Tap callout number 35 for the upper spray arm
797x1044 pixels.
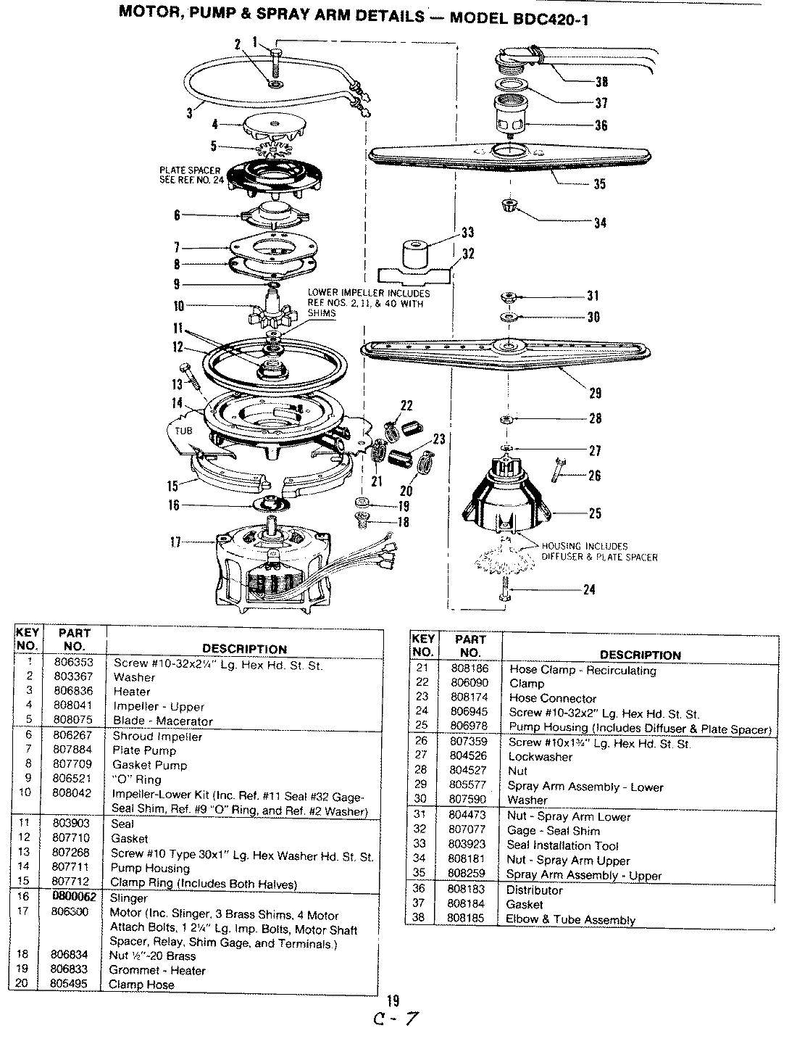[599, 184]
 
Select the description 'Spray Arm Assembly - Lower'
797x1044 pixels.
[585, 786]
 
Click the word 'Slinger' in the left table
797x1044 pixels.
[128, 898]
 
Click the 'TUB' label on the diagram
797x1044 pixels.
[185, 430]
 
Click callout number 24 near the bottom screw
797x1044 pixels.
[589, 589]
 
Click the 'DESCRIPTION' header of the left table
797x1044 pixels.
[243, 649]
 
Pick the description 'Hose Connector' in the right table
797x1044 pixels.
[553, 698]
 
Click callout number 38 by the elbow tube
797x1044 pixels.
[601, 82]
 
